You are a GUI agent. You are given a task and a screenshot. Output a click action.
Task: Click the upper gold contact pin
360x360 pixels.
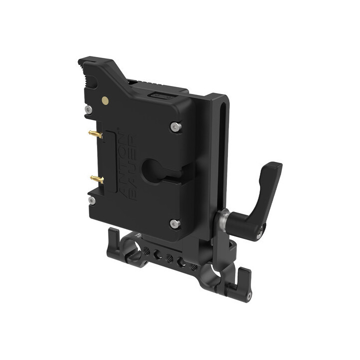(95, 134)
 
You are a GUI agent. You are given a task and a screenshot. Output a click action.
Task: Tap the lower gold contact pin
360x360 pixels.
(96, 178)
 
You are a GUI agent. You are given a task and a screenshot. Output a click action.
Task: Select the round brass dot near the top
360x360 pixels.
(105, 100)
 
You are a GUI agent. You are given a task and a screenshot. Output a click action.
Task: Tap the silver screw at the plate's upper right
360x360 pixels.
(174, 127)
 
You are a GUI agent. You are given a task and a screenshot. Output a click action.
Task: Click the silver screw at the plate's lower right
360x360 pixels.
(174, 223)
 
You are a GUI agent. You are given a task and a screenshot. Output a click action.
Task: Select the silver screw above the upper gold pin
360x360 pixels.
(88, 109)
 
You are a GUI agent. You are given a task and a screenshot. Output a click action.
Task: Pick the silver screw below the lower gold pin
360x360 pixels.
(92, 200)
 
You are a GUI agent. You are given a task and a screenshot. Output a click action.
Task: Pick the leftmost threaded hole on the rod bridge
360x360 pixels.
(147, 250)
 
